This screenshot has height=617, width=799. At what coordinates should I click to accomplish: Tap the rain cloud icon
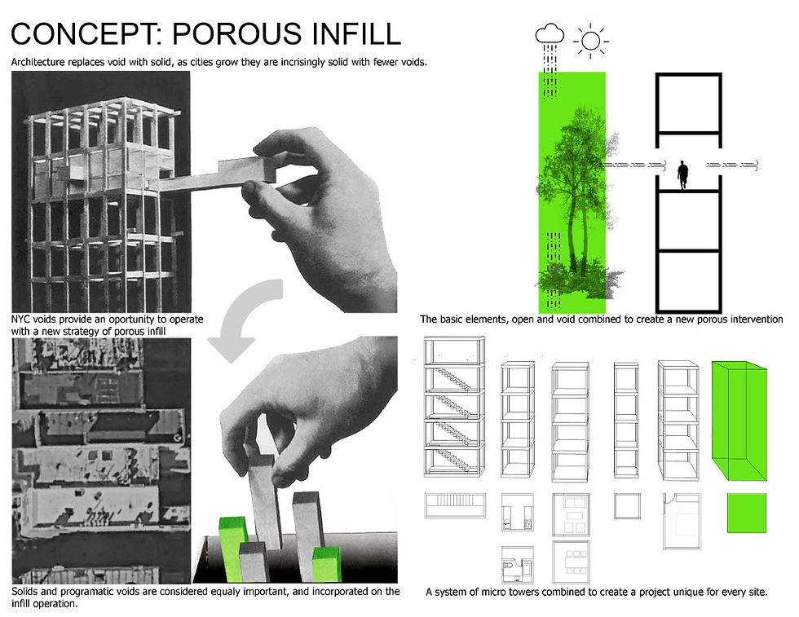point(550,33)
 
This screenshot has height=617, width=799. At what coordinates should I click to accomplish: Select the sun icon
point(591,40)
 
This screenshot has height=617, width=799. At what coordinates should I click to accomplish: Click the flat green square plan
point(747,513)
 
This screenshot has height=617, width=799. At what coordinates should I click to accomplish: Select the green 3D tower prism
point(739,421)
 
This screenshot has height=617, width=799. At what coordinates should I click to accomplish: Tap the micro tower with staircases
point(454,407)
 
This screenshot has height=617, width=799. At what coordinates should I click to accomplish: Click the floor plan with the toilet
point(517,565)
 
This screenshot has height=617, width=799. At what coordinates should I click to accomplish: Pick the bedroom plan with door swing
point(682,521)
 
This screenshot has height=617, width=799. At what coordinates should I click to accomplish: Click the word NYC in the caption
point(20,320)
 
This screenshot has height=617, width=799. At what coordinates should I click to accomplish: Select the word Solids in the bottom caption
point(24,592)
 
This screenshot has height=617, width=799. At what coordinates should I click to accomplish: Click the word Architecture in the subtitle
point(38,62)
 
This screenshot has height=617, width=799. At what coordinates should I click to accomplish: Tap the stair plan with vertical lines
point(455,505)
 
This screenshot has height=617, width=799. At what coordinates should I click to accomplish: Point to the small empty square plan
point(627,506)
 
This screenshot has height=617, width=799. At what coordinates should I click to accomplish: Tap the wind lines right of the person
point(732,165)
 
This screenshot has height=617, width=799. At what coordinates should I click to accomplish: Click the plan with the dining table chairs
point(572,562)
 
